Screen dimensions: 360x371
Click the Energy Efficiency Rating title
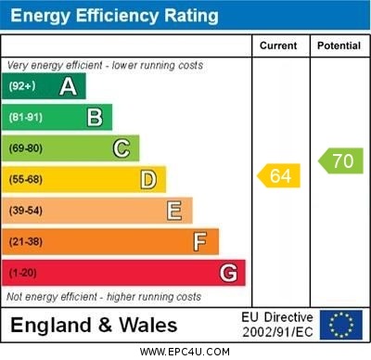point(114,16)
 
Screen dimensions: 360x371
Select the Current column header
point(278,45)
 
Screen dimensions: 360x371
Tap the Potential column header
point(339,45)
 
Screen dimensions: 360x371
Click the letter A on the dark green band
point(68,87)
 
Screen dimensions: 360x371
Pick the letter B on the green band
point(95,118)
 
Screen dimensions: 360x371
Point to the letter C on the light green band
point(122,148)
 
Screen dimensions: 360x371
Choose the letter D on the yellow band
point(148,179)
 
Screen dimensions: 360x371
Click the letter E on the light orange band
point(174,211)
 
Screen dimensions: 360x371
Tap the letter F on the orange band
point(200,242)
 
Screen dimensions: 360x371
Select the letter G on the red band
point(228,273)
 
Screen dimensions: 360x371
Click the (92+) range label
point(22,87)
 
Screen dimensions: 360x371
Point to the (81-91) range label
point(26,118)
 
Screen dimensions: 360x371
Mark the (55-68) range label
point(26,180)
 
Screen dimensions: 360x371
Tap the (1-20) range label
point(23,274)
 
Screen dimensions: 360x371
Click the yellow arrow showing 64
point(279,174)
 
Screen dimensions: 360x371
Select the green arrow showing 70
point(340,161)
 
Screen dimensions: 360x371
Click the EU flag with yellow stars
point(341,325)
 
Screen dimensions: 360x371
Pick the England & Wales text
point(94,325)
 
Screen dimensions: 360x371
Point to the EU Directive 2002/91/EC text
point(277,325)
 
